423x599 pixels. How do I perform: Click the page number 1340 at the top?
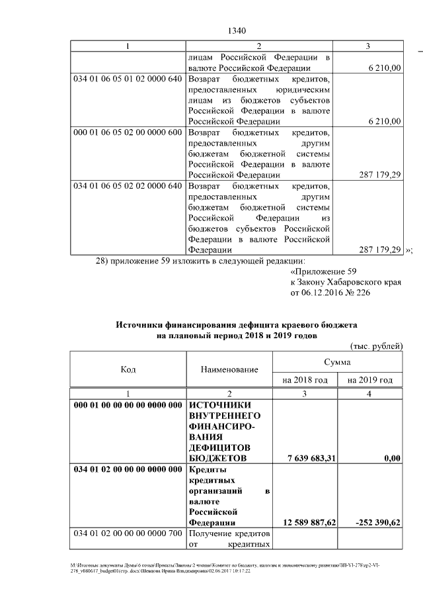236,31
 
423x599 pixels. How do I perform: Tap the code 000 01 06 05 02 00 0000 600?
127,132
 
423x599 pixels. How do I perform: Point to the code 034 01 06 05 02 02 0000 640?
127,185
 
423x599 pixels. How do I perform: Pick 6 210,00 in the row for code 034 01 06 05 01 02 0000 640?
383,122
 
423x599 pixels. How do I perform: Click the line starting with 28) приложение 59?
200,261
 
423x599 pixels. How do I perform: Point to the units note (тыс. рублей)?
375,346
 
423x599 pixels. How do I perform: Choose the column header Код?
128,369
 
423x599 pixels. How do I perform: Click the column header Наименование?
229,369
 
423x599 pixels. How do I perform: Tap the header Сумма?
337,363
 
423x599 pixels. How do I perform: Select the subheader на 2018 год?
305,380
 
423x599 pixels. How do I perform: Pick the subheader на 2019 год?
369,380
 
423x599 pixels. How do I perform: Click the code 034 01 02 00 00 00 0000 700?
127,534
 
